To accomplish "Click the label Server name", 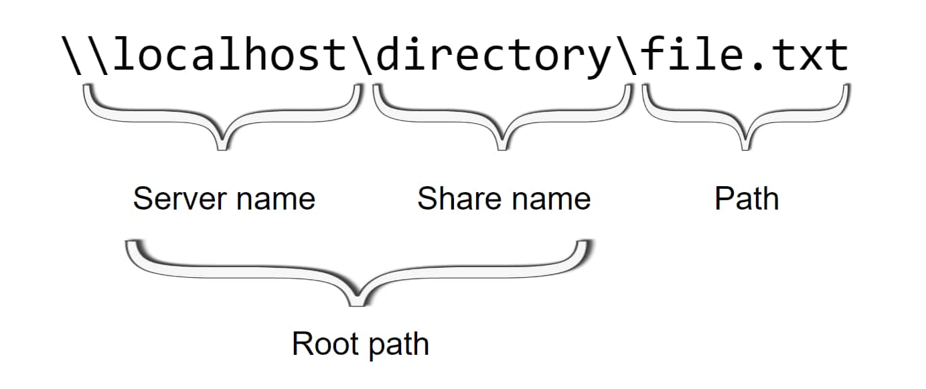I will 224,199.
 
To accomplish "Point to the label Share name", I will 504,199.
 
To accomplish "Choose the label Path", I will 747,199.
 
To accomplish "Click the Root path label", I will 360,344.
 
